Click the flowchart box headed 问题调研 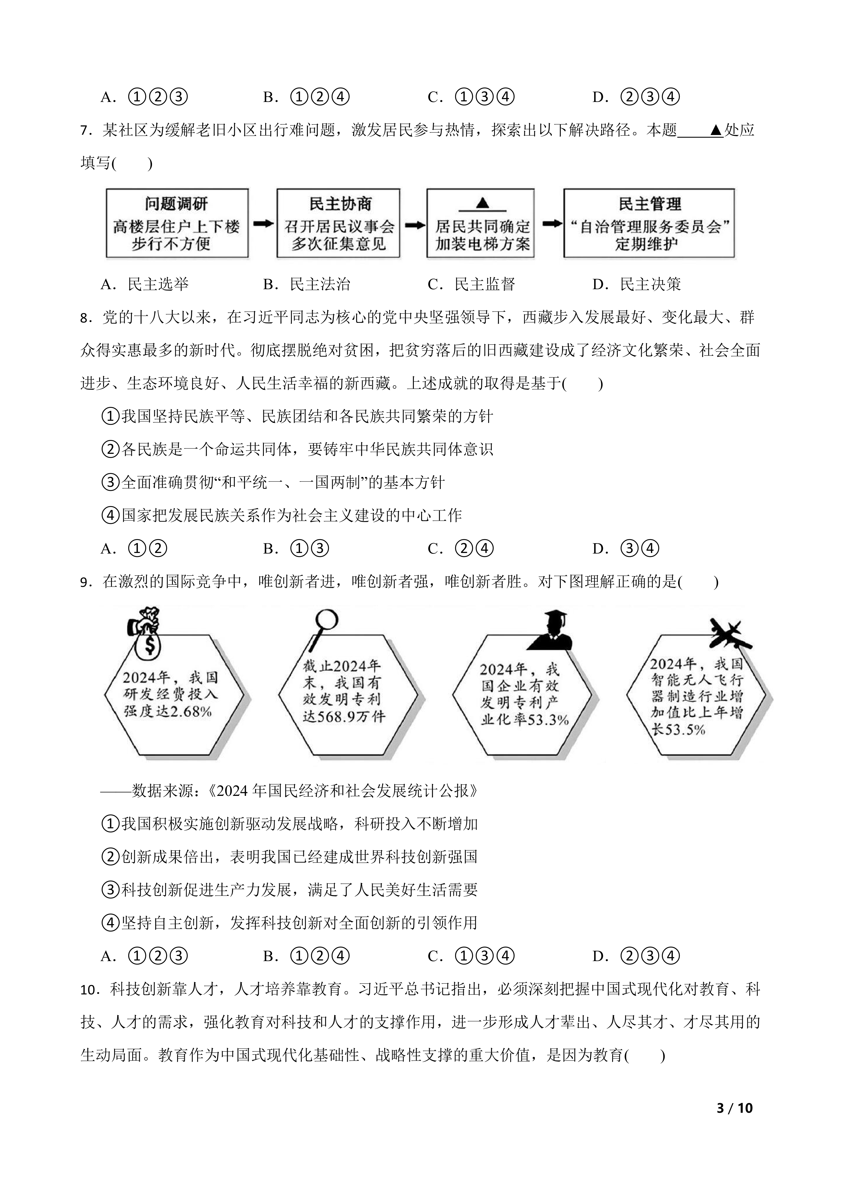tap(177, 223)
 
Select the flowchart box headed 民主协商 tap(338, 223)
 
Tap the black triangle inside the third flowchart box tap(482, 203)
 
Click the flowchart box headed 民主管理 tap(649, 223)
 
